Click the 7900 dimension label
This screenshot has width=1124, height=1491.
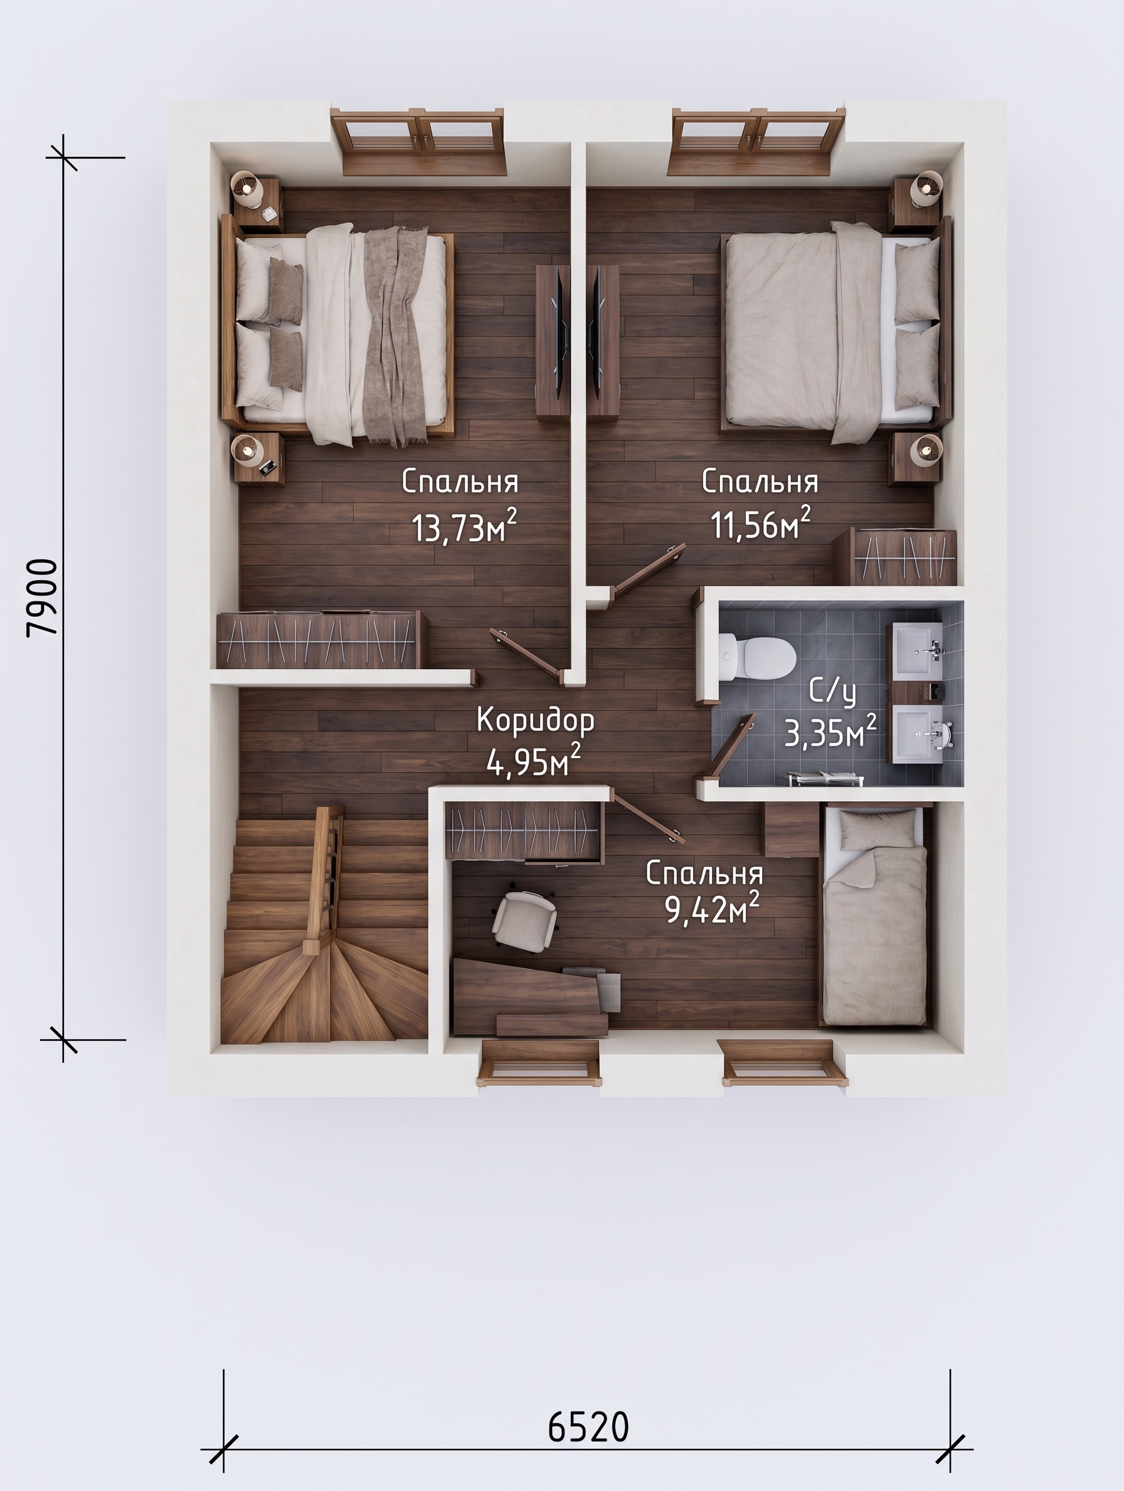point(42,597)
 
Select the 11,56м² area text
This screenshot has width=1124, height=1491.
point(761,524)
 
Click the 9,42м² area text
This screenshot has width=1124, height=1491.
point(712,909)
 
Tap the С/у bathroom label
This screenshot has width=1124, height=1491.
point(832,693)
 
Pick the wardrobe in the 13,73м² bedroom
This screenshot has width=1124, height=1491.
point(318,639)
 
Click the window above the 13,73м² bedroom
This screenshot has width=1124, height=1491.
point(418,142)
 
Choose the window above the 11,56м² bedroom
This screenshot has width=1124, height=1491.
point(758,142)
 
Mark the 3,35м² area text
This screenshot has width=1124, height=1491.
point(830,732)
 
